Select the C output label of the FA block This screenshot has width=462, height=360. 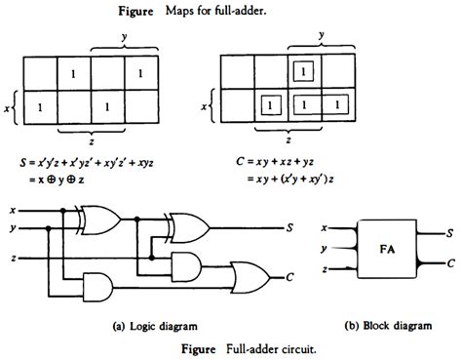(x=448, y=263)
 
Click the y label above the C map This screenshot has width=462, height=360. (x=320, y=36)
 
